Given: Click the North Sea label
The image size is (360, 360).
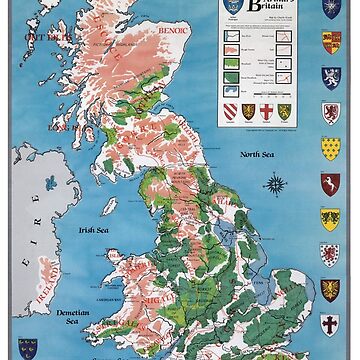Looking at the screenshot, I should pos(256,154).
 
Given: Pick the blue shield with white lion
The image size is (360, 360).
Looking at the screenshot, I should pos(329,111).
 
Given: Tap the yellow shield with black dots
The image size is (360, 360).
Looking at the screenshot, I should pos(329,147).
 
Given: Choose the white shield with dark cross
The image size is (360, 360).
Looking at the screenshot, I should pos(329,325).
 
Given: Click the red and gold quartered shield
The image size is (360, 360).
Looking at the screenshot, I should pos(329,41).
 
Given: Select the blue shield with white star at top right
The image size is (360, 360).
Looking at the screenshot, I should pos(329,8).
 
